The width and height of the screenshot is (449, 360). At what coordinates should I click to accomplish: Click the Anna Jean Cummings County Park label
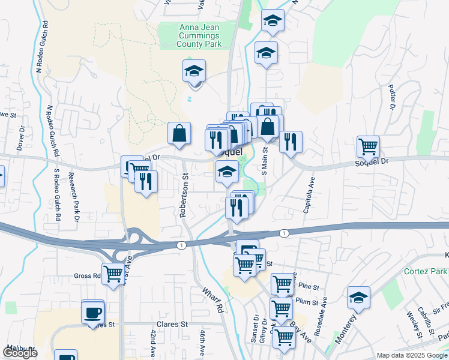click(x=199, y=35)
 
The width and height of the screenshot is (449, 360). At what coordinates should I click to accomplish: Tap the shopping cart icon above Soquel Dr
click(x=367, y=145)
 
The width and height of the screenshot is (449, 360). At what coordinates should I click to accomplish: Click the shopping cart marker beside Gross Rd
click(x=112, y=274)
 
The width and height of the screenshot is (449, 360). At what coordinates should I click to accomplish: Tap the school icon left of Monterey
click(x=358, y=297)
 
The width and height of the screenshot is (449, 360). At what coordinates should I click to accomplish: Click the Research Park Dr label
click(x=74, y=197)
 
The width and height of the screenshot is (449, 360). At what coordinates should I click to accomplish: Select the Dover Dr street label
click(x=20, y=136)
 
